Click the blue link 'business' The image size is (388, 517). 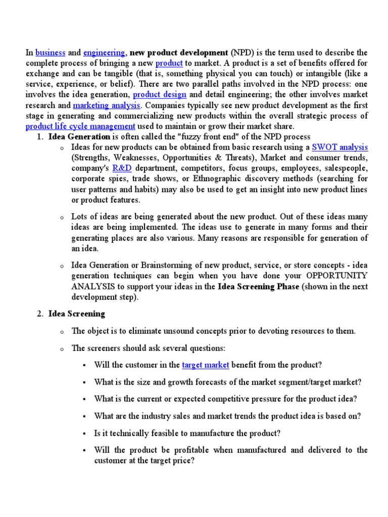tap(50, 53)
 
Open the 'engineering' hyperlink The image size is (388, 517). tap(104, 53)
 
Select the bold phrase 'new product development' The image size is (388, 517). tap(179, 53)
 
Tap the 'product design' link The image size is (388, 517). tap(160, 94)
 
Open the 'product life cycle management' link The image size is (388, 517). tap(80, 126)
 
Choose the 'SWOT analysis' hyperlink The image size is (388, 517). tap(339, 147)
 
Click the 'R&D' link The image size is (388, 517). tap(122, 168)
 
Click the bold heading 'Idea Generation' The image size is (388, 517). tap(79, 137)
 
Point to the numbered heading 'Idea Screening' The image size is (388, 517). tap(77, 314)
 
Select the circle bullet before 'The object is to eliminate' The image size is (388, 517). tap(61, 332)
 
